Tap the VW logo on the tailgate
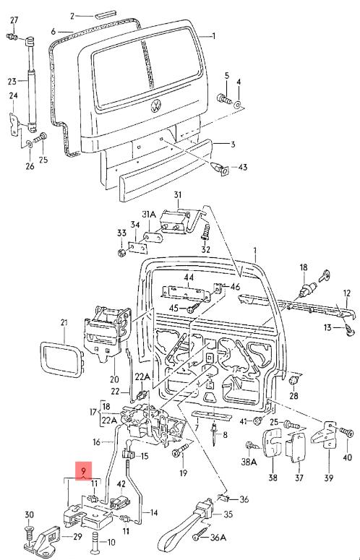click(156, 105)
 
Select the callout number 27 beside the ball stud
click(14, 20)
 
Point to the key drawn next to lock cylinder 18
click(325, 275)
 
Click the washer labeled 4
click(238, 105)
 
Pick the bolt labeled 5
click(224, 98)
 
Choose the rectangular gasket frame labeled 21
click(61, 359)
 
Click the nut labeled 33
click(121, 252)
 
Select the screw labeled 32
click(205, 231)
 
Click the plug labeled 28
click(293, 380)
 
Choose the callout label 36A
click(218, 537)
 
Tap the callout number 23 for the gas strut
click(12, 82)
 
